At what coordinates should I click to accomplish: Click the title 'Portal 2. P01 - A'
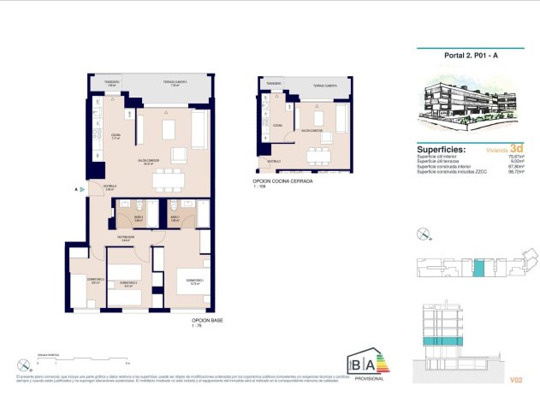click(470, 56)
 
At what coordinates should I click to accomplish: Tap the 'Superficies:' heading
click(441, 148)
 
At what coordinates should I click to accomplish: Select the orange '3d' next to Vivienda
click(515, 147)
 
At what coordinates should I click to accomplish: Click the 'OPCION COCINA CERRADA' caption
click(282, 182)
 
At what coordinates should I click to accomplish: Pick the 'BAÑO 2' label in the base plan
click(126, 220)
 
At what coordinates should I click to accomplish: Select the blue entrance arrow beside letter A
click(83, 189)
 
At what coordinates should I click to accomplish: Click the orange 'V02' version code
click(515, 377)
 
